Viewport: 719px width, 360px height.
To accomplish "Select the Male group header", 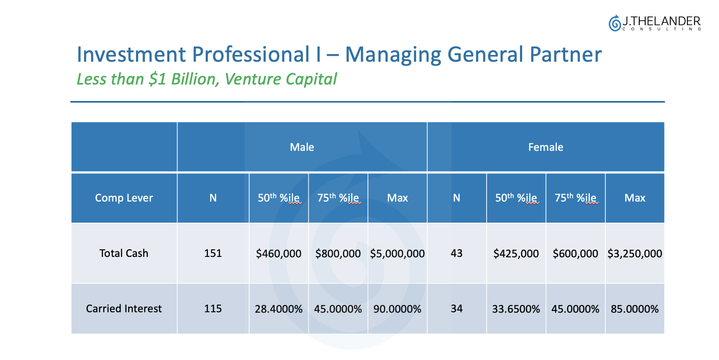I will pos(302,147).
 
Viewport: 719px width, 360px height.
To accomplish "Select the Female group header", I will pos(545,147).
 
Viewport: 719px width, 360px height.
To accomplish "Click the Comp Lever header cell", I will pos(124,198).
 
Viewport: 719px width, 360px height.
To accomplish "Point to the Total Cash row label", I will pos(124,253).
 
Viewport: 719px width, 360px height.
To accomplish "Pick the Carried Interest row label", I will pos(124,308).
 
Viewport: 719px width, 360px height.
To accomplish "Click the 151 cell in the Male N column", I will pos(213,253).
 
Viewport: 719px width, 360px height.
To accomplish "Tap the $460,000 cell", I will pos(278,254).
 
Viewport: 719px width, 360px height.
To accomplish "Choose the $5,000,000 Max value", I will pos(397,254).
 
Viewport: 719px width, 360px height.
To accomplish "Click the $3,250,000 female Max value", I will pos(635,254).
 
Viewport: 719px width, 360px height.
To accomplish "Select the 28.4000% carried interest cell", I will pos(278,309).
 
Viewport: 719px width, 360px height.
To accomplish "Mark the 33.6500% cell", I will pos(516,309).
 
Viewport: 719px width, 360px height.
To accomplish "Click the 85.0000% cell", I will pos(635,309).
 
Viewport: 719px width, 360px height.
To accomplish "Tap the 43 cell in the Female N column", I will pos(457,253).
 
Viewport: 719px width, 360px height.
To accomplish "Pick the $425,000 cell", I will pos(516,254).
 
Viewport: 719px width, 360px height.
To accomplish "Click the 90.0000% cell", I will pos(397,309).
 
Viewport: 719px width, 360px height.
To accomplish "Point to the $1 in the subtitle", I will pos(158,79).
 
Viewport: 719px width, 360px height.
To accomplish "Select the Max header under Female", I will pos(635,198).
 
